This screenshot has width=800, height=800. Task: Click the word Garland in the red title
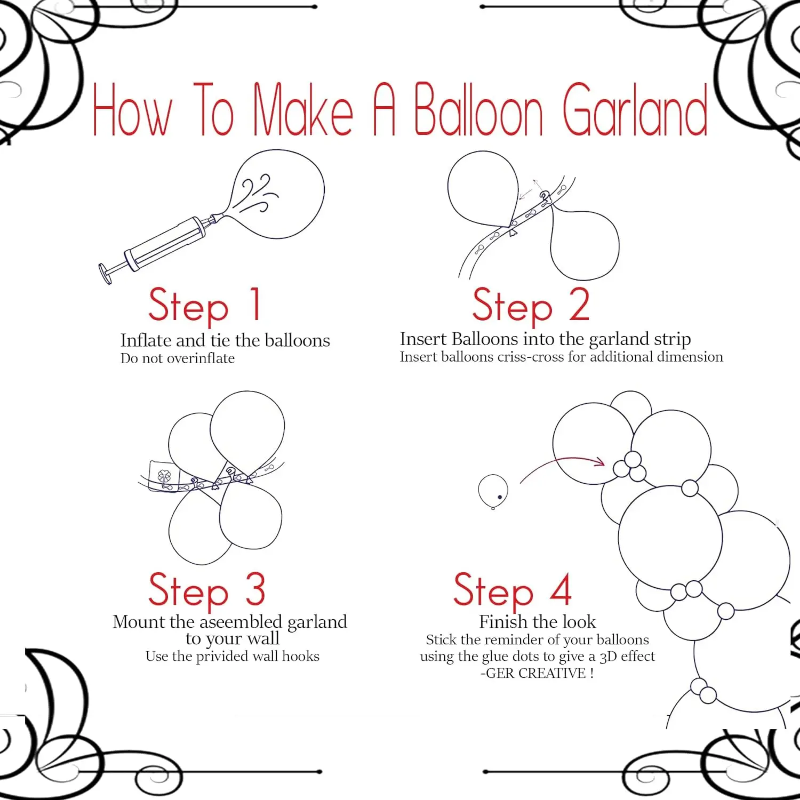click(x=635, y=110)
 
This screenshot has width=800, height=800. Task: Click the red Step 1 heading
click(x=205, y=305)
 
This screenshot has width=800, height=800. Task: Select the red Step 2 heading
click(x=531, y=305)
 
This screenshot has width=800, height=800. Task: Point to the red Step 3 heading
click(x=207, y=591)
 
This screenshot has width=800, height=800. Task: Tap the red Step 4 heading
click(x=513, y=591)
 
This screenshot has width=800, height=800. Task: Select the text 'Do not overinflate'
click(x=178, y=358)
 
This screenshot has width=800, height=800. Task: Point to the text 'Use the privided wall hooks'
click(x=233, y=656)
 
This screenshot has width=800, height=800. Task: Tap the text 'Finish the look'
click(x=538, y=622)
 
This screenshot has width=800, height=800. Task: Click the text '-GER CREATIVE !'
click(x=537, y=673)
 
